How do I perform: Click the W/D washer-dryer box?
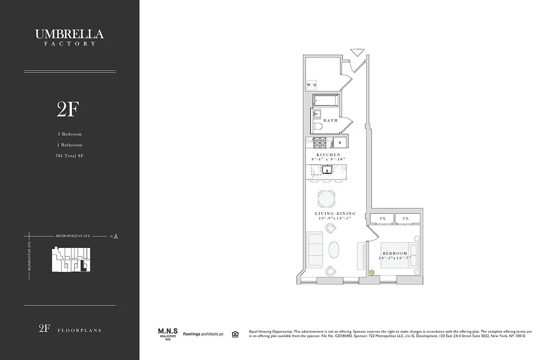point(311,85)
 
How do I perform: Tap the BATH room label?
point(330,121)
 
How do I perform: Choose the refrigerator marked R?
point(340,143)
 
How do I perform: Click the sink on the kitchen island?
point(327,170)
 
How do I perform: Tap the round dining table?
point(327,198)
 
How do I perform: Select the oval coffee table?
point(335,250)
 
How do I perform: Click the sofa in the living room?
point(314,249)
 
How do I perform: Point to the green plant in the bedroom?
point(372,272)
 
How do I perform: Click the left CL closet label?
point(382,218)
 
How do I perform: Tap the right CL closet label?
point(406,218)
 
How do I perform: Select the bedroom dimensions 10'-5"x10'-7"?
point(395,258)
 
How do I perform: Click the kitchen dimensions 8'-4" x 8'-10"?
point(328,159)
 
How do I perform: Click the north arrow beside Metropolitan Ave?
point(116,236)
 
